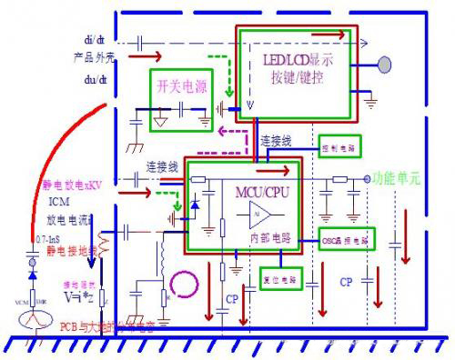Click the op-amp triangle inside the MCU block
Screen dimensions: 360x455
[x=260, y=218]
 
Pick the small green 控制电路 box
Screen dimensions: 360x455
[x=341, y=145]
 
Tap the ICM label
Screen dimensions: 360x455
[x=58, y=204]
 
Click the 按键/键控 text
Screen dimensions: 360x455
[x=297, y=77]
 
